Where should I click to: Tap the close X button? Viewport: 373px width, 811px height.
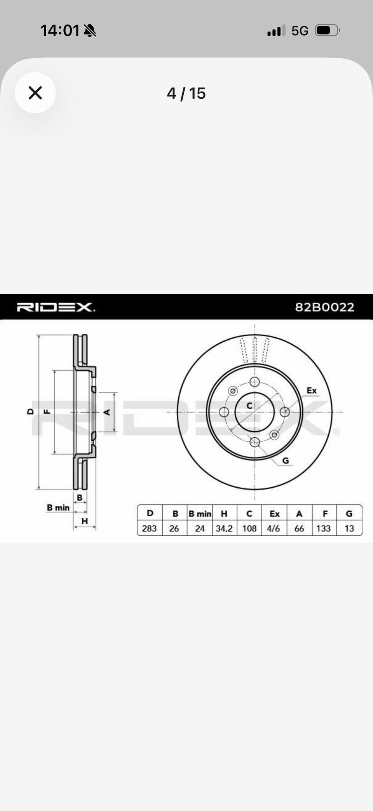pyautogui.click(x=35, y=93)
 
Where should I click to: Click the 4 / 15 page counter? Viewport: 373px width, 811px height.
pyautogui.click(x=186, y=93)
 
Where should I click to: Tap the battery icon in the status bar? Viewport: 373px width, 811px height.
pyautogui.click(x=328, y=30)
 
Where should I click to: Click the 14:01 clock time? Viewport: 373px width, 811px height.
pyautogui.click(x=60, y=30)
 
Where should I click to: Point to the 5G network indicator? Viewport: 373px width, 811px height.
pyautogui.click(x=300, y=31)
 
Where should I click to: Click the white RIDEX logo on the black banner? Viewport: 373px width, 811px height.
pyautogui.click(x=56, y=307)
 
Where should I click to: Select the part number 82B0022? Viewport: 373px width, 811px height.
pyautogui.click(x=324, y=307)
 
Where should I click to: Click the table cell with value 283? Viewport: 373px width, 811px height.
pyautogui.click(x=149, y=528)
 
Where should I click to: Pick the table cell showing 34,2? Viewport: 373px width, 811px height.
pyautogui.click(x=224, y=528)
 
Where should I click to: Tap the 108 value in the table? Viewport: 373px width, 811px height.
pyautogui.click(x=249, y=528)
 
